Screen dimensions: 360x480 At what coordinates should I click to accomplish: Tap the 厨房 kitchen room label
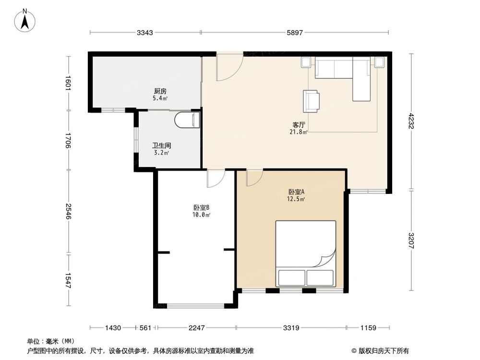[x=160, y=91]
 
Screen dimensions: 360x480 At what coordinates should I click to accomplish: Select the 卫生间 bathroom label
[x=162, y=145]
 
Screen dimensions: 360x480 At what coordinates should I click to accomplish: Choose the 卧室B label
[x=201, y=208]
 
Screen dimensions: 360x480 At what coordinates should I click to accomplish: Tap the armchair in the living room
[x=312, y=101]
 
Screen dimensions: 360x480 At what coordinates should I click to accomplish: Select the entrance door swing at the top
[x=228, y=67]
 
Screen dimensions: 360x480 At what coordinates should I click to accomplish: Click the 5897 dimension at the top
[x=295, y=33]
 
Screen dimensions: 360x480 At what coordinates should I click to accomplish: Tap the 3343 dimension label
[x=145, y=33]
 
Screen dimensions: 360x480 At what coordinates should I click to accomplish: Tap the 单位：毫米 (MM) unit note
[x=48, y=341]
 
